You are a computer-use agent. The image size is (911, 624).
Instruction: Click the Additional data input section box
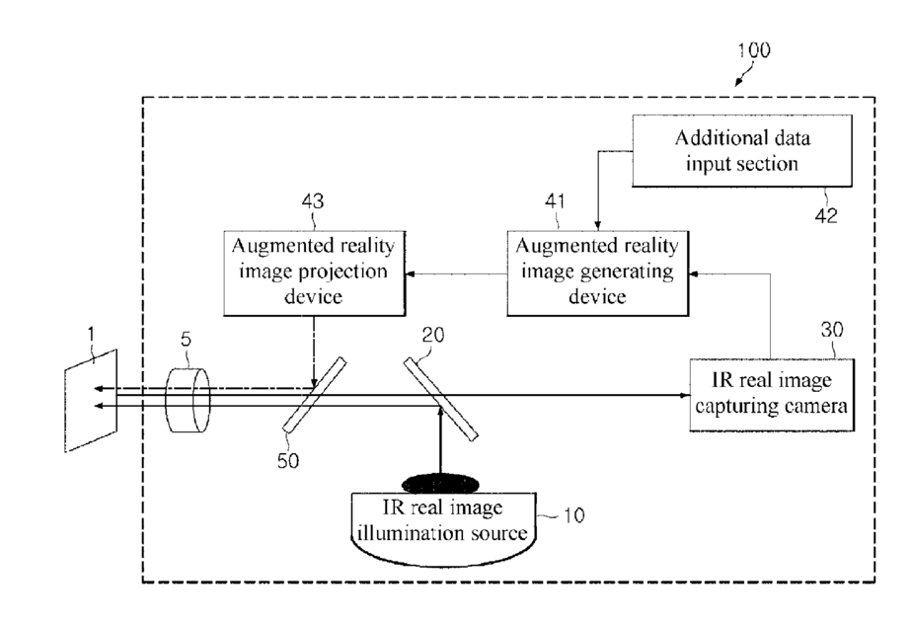742,151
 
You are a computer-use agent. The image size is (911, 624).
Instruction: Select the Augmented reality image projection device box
314,273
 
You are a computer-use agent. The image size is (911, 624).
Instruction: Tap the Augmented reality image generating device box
598,273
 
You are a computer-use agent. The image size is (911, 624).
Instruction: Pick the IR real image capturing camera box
772,395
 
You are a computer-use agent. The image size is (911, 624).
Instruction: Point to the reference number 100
753,50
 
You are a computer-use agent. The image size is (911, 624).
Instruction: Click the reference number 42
825,216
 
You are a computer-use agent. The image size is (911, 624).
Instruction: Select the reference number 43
313,201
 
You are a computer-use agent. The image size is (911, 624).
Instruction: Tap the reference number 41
555,201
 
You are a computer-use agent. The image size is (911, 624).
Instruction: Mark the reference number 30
831,330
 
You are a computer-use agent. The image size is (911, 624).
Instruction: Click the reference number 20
433,335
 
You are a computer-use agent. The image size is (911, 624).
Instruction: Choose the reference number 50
288,461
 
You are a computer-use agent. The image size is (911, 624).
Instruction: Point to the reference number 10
574,515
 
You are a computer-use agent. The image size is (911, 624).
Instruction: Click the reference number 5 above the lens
186,339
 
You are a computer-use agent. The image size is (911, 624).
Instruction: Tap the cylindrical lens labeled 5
188,400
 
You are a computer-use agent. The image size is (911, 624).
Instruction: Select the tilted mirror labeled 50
314,395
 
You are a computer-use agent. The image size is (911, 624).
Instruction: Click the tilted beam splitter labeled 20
441,399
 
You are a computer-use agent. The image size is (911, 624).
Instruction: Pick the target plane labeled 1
91,400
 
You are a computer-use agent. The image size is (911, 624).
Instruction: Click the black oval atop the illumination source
440,484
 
